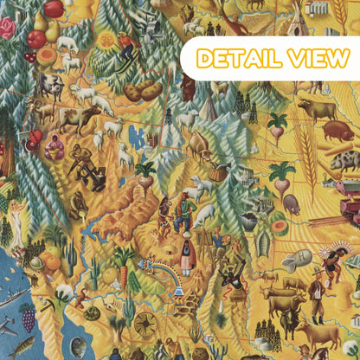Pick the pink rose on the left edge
click(7, 29)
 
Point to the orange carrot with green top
click(125, 275)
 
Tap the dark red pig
click(337, 131)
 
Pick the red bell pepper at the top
click(54, 9)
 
